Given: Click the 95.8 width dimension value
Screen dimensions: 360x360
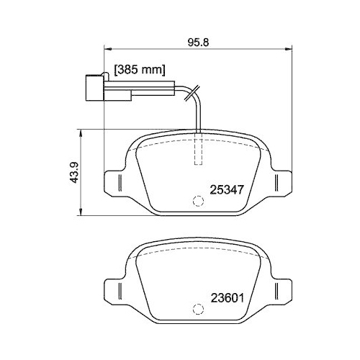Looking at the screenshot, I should (198, 42).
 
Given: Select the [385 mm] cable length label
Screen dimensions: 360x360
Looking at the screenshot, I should (141, 71).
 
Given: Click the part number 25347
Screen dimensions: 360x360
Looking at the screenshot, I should (228, 190).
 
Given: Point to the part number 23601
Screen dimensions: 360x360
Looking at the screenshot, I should (228, 297).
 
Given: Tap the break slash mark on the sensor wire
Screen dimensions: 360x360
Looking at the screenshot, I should (189, 91).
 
